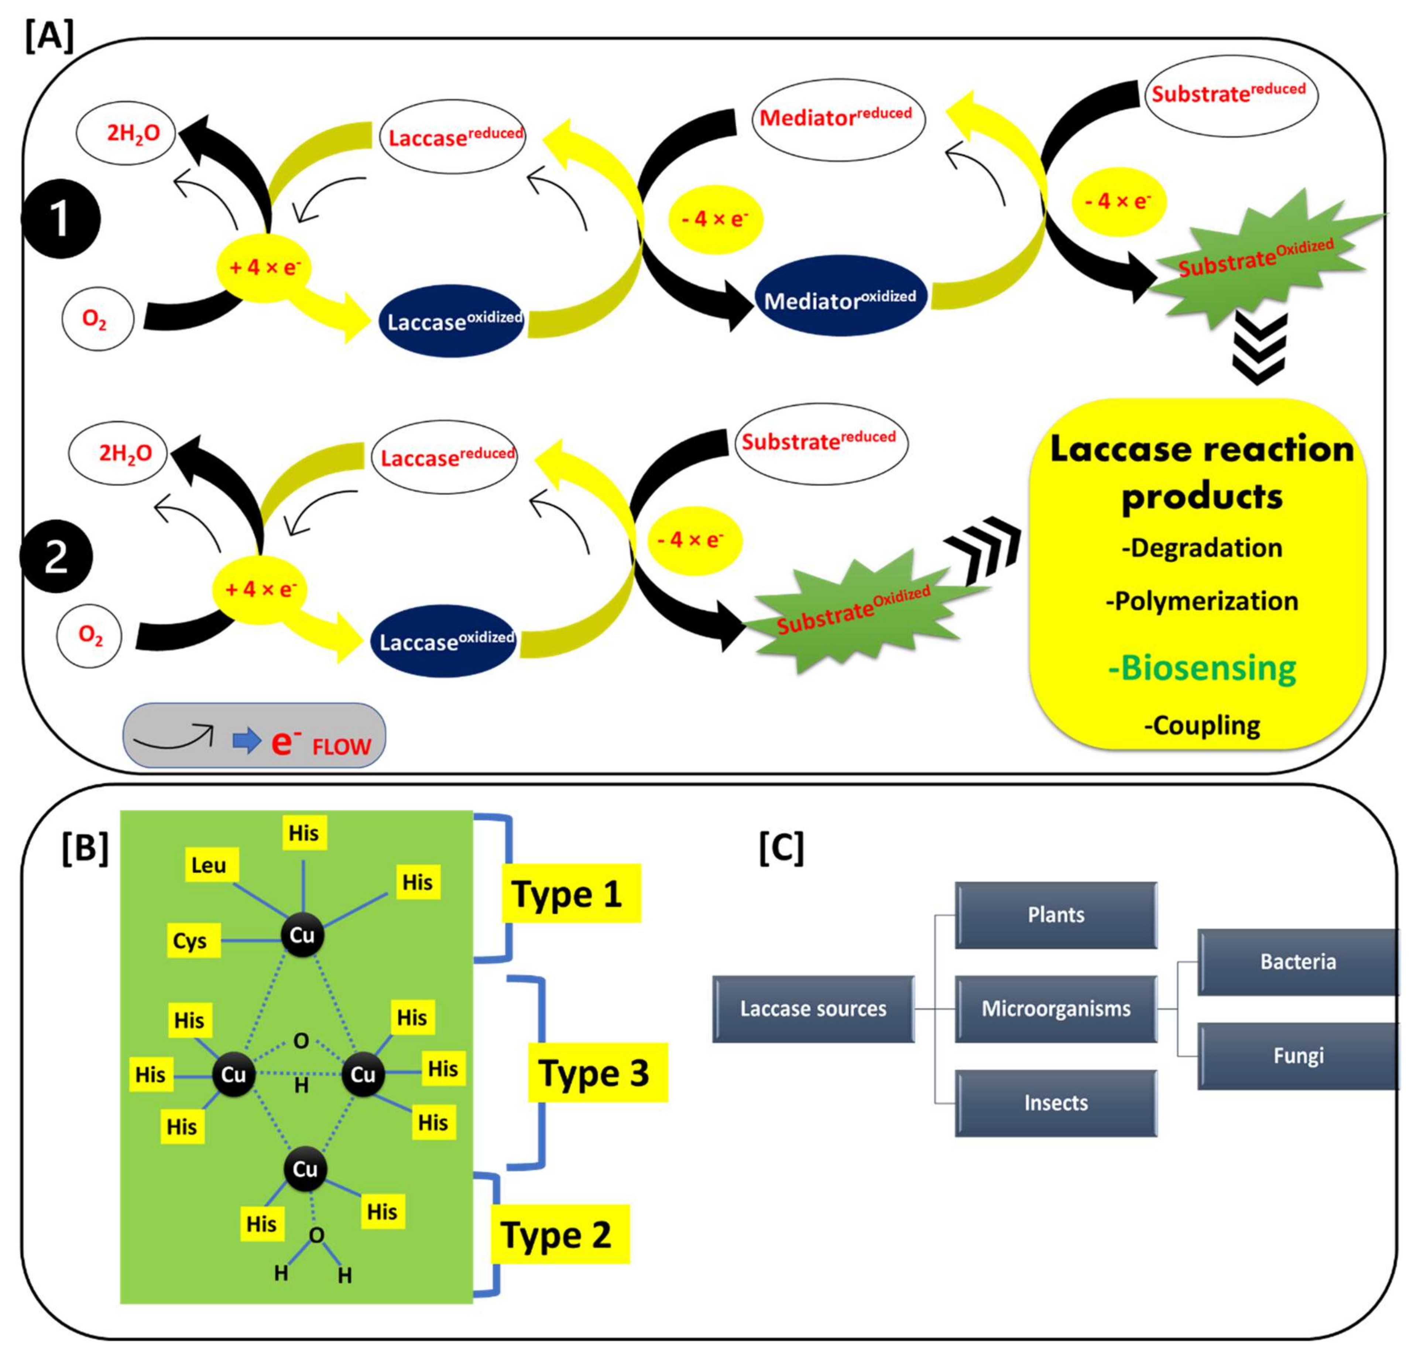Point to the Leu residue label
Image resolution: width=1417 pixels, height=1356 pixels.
tap(209, 864)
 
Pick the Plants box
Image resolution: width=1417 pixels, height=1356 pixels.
tap(1056, 914)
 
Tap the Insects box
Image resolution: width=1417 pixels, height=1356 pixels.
tap(1056, 1102)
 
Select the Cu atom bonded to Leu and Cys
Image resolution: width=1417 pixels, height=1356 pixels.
tap(302, 935)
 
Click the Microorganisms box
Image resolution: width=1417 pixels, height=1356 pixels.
tap(1056, 1008)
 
